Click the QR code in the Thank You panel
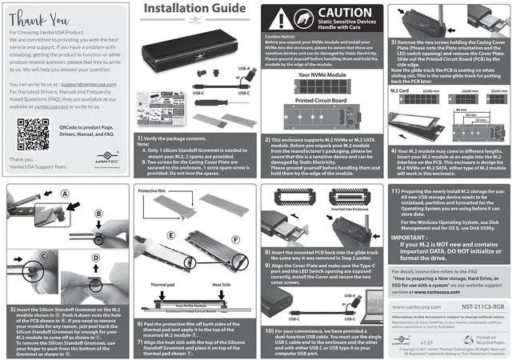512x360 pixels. [33, 134]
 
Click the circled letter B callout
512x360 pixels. [97, 214]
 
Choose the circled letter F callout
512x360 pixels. [234, 240]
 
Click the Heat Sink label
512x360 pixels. [222, 284]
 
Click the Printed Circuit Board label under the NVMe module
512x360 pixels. [319, 102]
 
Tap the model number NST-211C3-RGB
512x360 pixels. [474, 306]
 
